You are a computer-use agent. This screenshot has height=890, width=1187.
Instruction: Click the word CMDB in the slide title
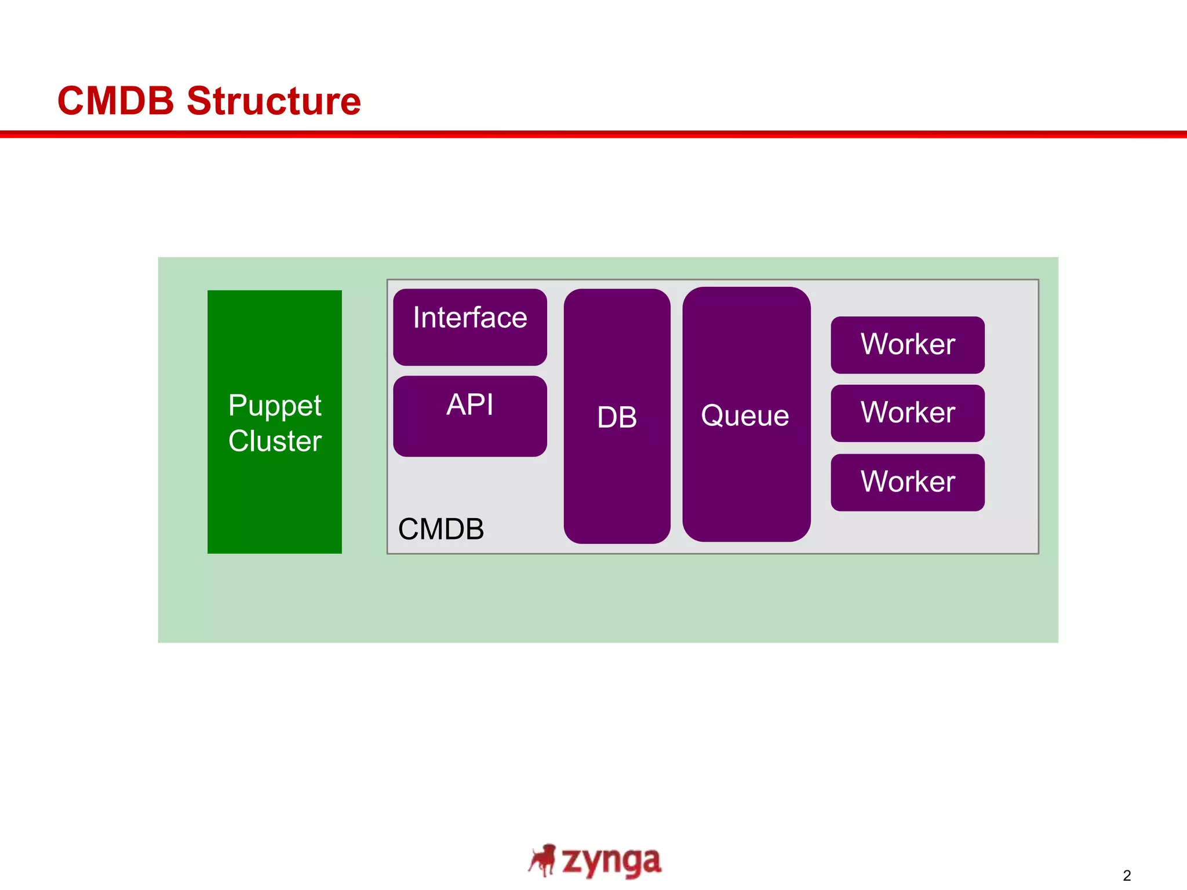(115, 101)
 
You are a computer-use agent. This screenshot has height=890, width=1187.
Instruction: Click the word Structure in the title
(274, 101)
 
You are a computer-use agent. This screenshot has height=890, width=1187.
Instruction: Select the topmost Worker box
(907, 345)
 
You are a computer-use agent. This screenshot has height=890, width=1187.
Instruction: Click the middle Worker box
(907, 413)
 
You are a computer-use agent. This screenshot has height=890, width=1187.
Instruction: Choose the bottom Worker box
(907, 482)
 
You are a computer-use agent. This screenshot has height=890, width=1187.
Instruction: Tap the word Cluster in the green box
(274, 441)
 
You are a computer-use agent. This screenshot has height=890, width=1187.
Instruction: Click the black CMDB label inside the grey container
(440, 529)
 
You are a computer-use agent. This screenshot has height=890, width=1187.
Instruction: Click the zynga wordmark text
(611, 862)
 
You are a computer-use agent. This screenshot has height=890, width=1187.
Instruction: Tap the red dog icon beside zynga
(543, 860)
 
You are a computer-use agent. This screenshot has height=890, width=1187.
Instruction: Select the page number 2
(1126, 876)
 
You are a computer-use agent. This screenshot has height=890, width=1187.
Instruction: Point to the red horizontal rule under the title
(593, 134)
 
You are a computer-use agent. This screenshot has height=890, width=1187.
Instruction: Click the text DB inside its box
(617, 417)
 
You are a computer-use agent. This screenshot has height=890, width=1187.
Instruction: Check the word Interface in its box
(469, 318)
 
